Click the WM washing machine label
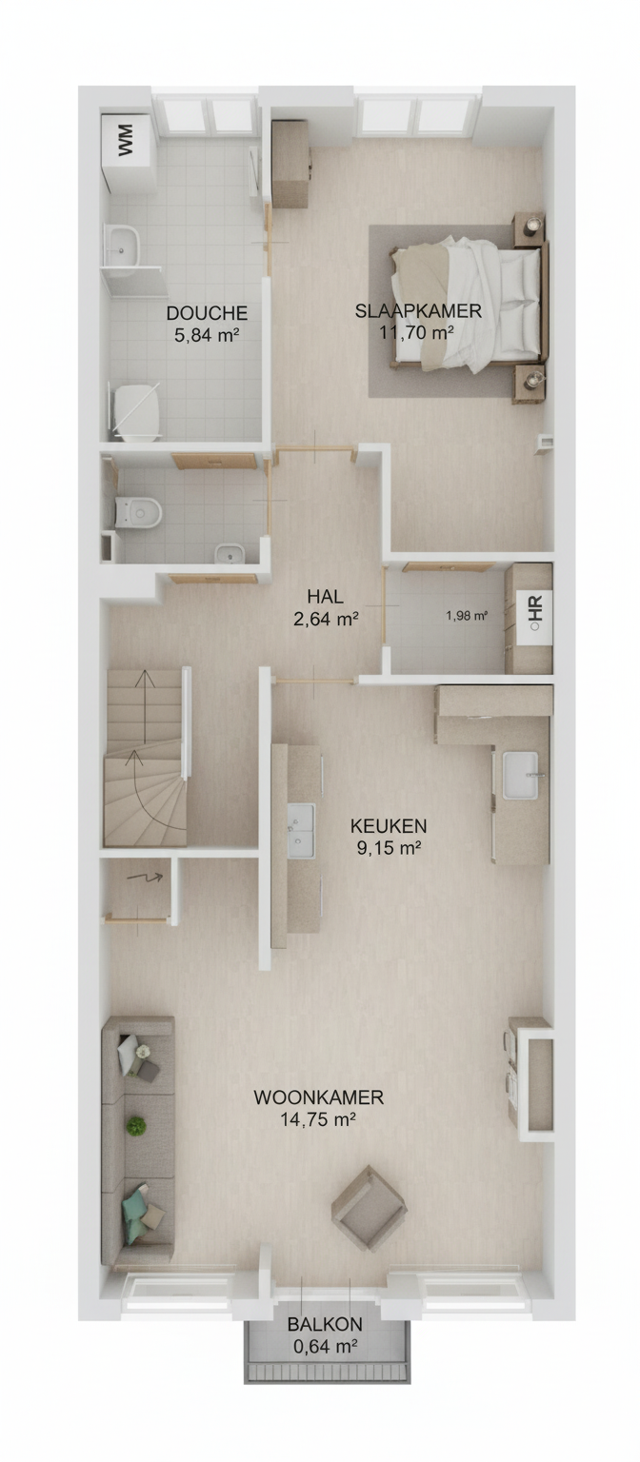click(x=126, y=139)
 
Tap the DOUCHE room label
click(x=207, y=313)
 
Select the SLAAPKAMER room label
click(x=418, y=311)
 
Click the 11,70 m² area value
click(x=416, y=333)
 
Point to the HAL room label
click(x=325, y=596)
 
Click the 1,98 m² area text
click(x=467, y=615)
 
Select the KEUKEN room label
click(x=389, y=825)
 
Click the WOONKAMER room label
click(x=319, y=1097)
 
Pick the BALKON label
click(x=325, y=1324)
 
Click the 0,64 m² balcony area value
click(x=325, y=1346)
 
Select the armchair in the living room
click(x=369, y=1208)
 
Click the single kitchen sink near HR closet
click(x=521, y=775)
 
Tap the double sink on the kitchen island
click(x=301, y=830)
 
